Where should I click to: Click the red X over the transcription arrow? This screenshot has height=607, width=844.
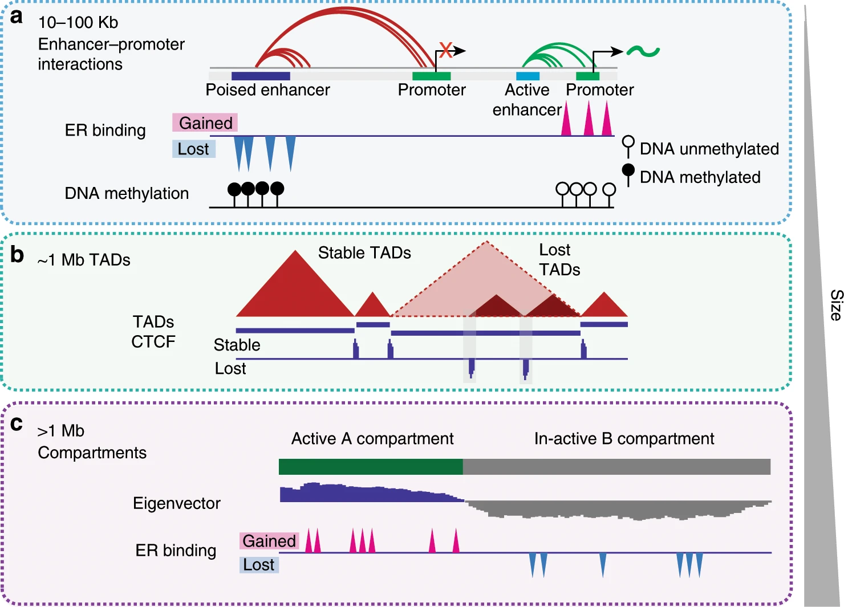(x=446, y=50)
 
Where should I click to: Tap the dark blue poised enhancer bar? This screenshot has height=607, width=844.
(x=261, y=76)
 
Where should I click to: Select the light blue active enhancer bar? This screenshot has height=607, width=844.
(x=527, y=76)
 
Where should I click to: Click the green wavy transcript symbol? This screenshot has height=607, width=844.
(x=643, y=51)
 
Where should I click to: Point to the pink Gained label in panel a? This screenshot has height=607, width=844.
(x=205, y=123)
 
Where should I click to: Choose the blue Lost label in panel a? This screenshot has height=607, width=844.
(x=194, y=149)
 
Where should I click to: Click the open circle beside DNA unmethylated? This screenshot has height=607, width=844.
(x=628, y=142)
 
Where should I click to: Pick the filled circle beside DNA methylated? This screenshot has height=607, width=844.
(x=628, y=170)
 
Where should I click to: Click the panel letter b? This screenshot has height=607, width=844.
(x=17, y=254)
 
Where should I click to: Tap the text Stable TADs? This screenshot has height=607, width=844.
(x=364, y=252)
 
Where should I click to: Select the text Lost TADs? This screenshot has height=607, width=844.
(x=559, y=260)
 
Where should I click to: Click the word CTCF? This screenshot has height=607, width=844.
(x=153, y=341)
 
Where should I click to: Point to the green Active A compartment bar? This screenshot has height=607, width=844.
(x=371, y=467)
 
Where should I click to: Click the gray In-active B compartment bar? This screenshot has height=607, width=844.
(x=617, y=467)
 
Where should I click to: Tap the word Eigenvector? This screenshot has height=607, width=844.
(x=177, y=503)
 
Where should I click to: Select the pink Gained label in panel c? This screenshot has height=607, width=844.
(x=269, y=541)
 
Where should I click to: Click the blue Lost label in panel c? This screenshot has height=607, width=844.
(x=259, y=564)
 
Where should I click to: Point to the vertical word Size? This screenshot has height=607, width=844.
(x=835, y=305)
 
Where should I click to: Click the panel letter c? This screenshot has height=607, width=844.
(x=17, y=423)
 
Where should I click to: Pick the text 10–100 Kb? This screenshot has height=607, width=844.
(x=78, y=23)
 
